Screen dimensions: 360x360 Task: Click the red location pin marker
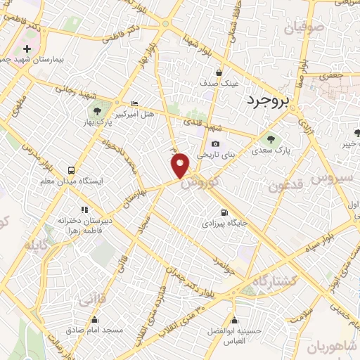point(181,165)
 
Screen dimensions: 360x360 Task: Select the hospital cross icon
point(27,49)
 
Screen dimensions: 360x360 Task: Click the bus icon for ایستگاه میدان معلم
point(71,170)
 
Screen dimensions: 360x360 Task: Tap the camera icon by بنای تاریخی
point(214,145)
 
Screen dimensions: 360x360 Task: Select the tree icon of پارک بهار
point(96,111)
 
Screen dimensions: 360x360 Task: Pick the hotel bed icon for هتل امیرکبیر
point(134,104)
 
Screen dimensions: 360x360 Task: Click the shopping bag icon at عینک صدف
point(219,72)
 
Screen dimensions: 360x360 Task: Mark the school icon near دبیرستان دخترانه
point(85,209)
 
